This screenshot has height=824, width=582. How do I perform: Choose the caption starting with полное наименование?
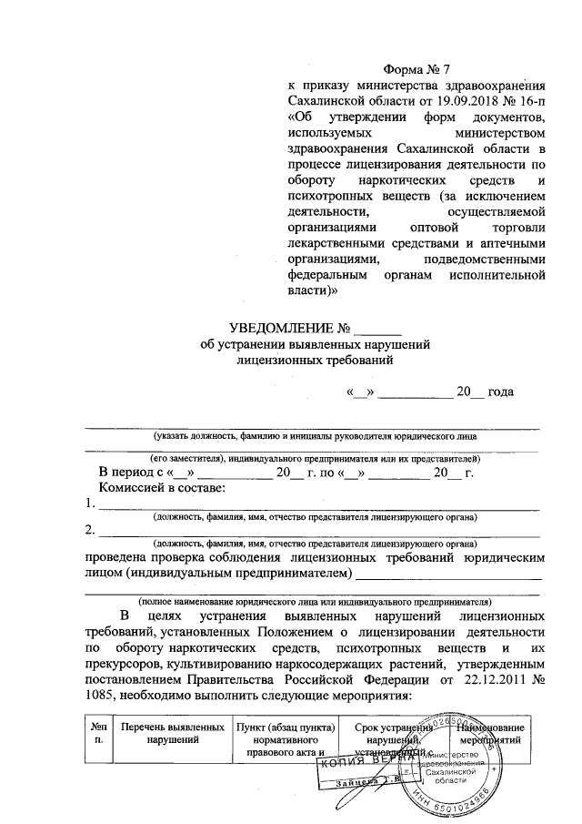[x=314, y=602]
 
